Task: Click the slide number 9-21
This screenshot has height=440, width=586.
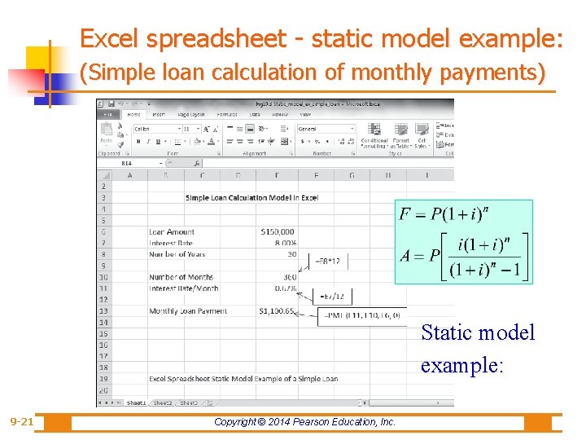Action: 21,421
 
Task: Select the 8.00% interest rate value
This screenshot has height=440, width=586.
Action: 285,243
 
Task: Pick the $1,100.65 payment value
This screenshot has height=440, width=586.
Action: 276,310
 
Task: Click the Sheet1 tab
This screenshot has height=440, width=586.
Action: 136,403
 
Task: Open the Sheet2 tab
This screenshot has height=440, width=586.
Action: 163,403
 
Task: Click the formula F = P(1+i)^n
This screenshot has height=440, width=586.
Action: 444,214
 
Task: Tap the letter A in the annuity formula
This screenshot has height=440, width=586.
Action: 405,255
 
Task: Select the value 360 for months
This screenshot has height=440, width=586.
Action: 289,277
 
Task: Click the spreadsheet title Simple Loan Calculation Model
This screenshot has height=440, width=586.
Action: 251,197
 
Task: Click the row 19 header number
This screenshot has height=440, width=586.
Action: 103,378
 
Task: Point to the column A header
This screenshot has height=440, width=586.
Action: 129,174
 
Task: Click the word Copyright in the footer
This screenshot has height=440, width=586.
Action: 236,421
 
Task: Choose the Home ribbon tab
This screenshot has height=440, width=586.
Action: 134,115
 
